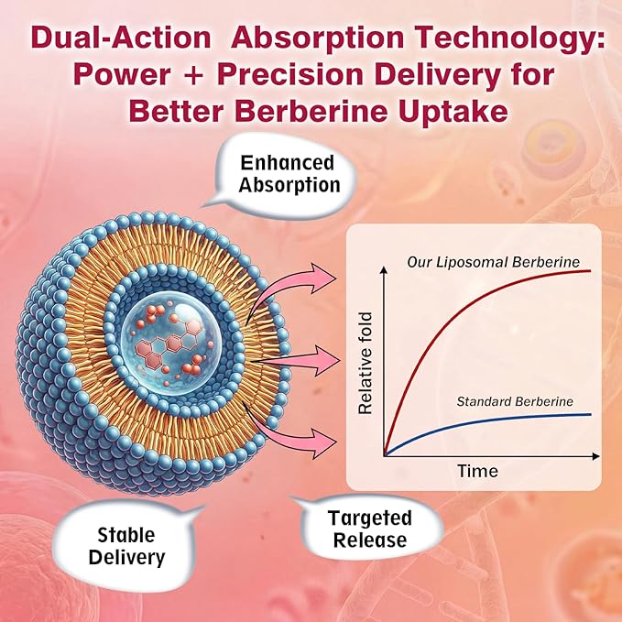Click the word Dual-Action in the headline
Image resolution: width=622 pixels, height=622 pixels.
click(x=121, y=38)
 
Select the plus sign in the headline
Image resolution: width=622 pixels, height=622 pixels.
click(x=194, y=75)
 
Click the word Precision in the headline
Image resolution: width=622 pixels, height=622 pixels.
click(x=289, y=74)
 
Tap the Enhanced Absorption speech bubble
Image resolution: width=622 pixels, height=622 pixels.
click(x=282, y=175)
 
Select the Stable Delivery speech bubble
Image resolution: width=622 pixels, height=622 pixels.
click(x=127, y=546)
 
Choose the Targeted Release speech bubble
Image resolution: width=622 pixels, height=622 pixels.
click(x=370, y=528)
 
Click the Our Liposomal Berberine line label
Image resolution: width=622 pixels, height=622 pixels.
click(x=493, y=262)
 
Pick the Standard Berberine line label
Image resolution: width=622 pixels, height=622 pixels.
click(x=515, y=401)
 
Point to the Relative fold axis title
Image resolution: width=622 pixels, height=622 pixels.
click(x=365, y=364)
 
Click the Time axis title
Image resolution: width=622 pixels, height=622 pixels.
click(x=477, y=471)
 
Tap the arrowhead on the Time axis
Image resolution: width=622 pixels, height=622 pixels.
click(x=595, y=456)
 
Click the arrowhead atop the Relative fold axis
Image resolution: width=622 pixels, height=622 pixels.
click(x=384, y=270)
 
